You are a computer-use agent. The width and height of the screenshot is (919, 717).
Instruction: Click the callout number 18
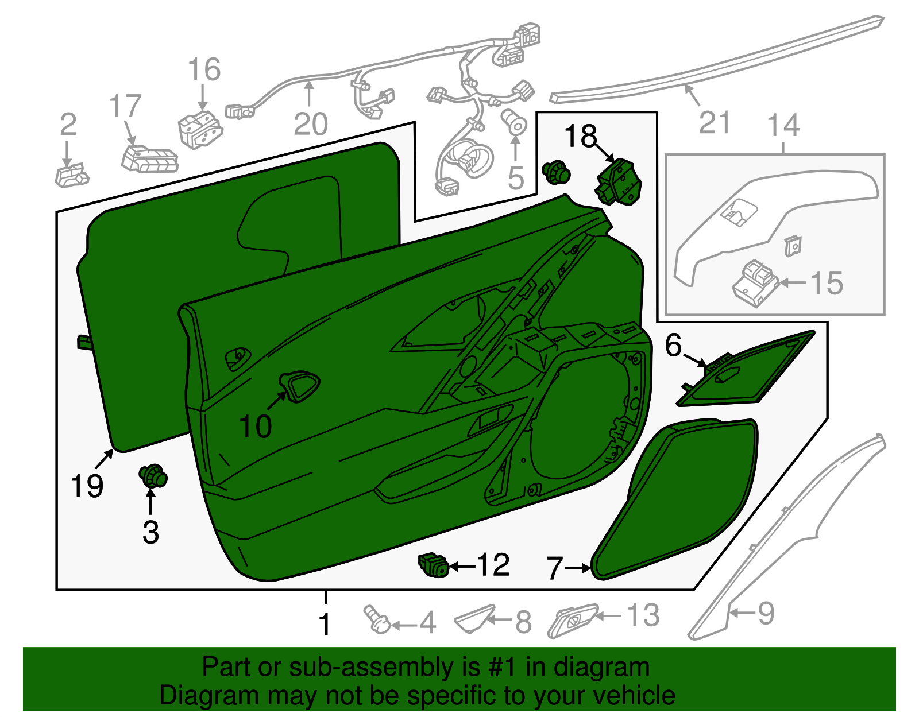[581, 136]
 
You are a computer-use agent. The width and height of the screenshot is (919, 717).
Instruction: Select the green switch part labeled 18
[618, 182]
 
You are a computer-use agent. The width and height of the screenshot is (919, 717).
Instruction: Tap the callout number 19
[87, 486]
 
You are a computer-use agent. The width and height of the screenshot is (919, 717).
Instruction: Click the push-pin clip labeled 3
[153, 476]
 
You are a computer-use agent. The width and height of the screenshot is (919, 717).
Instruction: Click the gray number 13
[643, 615]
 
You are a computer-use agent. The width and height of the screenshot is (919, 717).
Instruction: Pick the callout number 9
[766, 614]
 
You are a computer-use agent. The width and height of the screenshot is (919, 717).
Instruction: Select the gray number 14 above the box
[783, 125]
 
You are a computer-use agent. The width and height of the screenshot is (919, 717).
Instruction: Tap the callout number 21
[715, 122]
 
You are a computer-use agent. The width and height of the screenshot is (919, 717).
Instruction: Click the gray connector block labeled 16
[200, 130]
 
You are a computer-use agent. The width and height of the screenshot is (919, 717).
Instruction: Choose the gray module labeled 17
[150, 159]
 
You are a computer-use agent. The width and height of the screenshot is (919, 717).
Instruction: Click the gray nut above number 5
[514, 122]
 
